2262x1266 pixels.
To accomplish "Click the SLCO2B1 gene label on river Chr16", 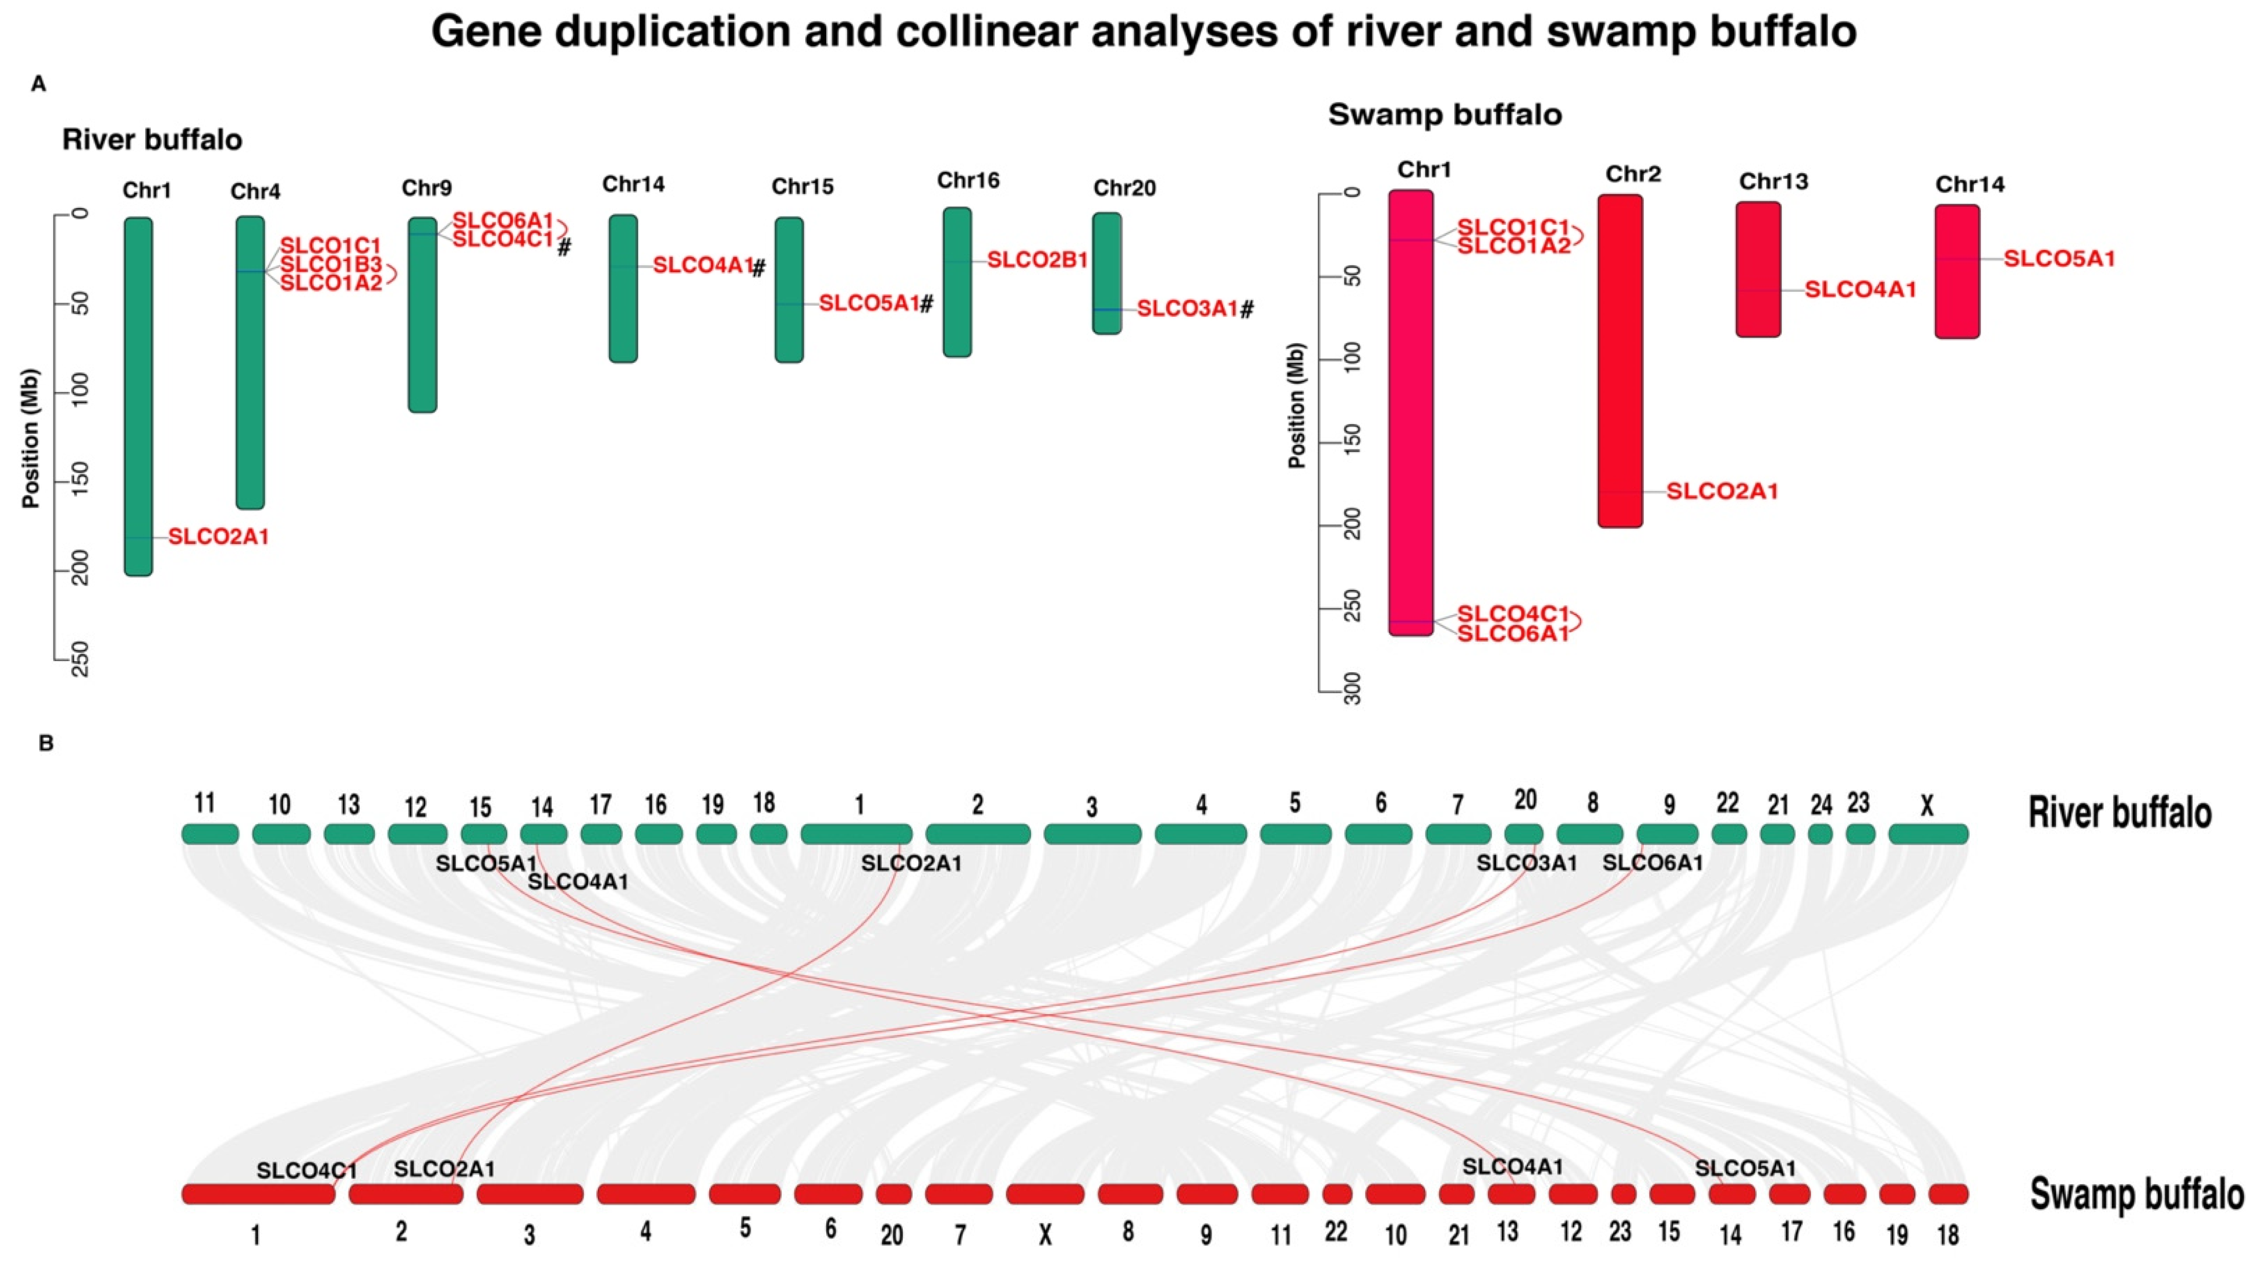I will [x=1037, y=260].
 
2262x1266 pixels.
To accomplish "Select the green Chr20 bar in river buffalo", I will [x=1106, y=273].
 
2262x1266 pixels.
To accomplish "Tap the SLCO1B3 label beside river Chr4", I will [x=331, y=264].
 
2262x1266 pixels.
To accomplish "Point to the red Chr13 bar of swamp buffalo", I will [x=1758, y=270].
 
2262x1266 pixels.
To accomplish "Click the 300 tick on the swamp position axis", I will [x=1352, y=689].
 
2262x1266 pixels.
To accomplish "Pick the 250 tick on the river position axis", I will [x=79, y=659].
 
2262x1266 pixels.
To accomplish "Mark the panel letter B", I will [x=45, y=744].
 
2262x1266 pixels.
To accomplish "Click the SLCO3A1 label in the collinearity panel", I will [x=1526, y=863].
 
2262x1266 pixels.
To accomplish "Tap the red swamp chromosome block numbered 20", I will [x=893, y=1194].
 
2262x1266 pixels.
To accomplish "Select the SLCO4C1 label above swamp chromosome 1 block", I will [x=307, y=1170].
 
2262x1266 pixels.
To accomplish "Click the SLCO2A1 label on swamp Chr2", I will [x=1722, y=491].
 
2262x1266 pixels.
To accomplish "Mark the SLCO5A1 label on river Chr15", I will [x=869, y=304].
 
